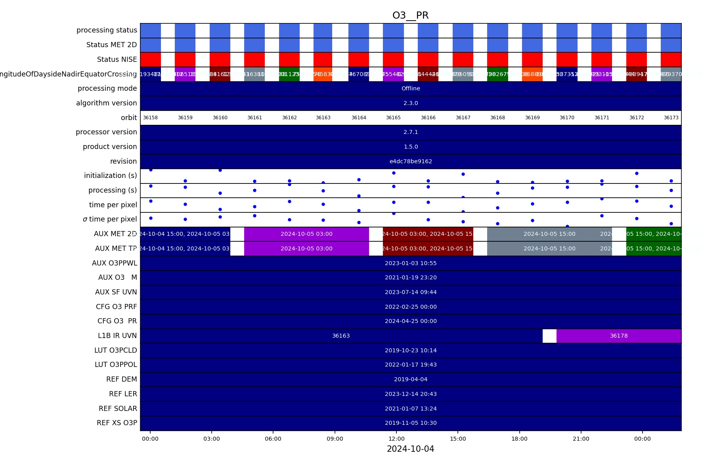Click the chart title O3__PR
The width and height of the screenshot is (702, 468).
click(x=410, y=15)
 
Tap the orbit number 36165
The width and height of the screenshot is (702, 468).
click(x=393, y=118)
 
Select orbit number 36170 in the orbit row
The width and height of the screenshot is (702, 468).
click(x=567, y=118)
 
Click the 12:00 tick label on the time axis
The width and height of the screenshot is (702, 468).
click(x=396, y=439)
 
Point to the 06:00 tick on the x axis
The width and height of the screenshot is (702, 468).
click(x=273, y=439)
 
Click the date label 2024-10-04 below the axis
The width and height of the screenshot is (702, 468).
click(x=410, y=449)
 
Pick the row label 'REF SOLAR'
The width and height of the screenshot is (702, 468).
click(x=118, y=409)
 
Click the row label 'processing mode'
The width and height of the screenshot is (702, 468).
click(x=107, y=88)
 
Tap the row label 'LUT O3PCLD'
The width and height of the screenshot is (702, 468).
click(x=115, y=350)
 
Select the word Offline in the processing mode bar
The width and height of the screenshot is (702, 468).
click(x=411, y=88)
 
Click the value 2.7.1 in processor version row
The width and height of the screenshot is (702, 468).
click(x=411, y=132)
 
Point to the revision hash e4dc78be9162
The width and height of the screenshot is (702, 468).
click(x=411, y=161)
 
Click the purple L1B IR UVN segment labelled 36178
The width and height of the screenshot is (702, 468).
click(x=619, y=336)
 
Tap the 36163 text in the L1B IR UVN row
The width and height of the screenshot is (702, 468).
click(x=341, y=336)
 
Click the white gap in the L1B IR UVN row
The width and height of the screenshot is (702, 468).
click(x=549, y=336)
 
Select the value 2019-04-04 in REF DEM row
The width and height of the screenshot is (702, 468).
click(x=411, y=379)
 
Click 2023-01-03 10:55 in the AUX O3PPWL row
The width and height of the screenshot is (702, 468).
click(x=411, y=263)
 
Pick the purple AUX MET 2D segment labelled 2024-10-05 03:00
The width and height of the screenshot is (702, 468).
click(x=306, y=234)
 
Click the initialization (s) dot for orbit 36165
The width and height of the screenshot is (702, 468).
click(x=394, y=173)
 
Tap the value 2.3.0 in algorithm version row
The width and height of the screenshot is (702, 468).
click(x=411, y=103)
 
